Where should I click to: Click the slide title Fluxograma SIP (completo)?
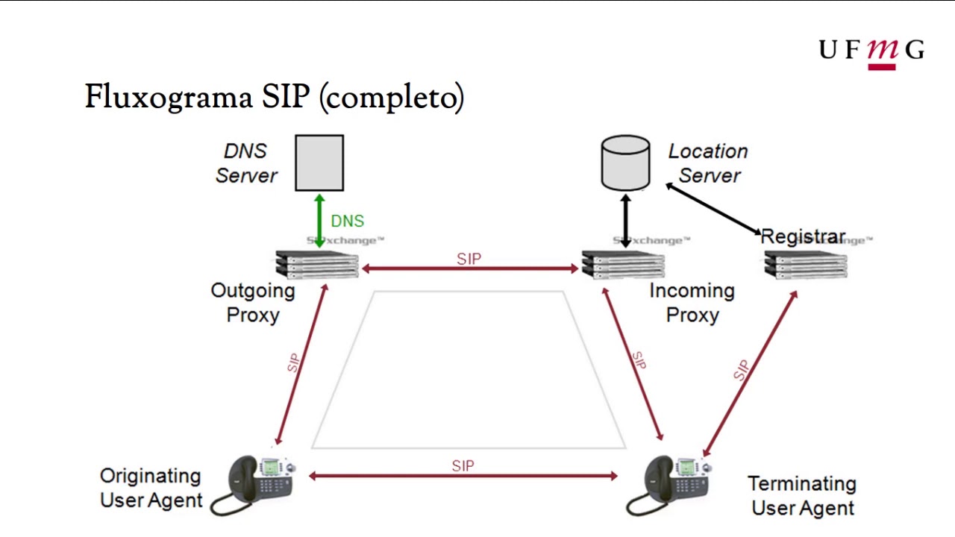pyautogui.click(x=274, y=97)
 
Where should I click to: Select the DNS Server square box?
pyautogui.click(x=319, y=163)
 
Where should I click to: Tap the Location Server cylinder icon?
pyautogui.click(x=625, y=162)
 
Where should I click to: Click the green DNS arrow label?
pyautogui.click(x=348, y=222)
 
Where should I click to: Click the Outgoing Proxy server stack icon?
pyautogui.click(x=317, y=265)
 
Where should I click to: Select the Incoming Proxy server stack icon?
pyautogui.click(x=623, y=265)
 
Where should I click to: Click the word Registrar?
pyautogui.click(x=803, y=237)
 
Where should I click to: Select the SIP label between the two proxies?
pyautogui.click(x=469, y=259)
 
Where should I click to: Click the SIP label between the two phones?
pyautogui.click(x=463, y=466)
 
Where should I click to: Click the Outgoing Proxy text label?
pyautogui.click(x=253, y=302)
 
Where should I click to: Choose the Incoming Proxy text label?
pyautogui.click(x=692, y=302)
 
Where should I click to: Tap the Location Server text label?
pyautogui.click(x=708, y=163)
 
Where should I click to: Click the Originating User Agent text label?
pyautogui.click(x=151, y=488)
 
